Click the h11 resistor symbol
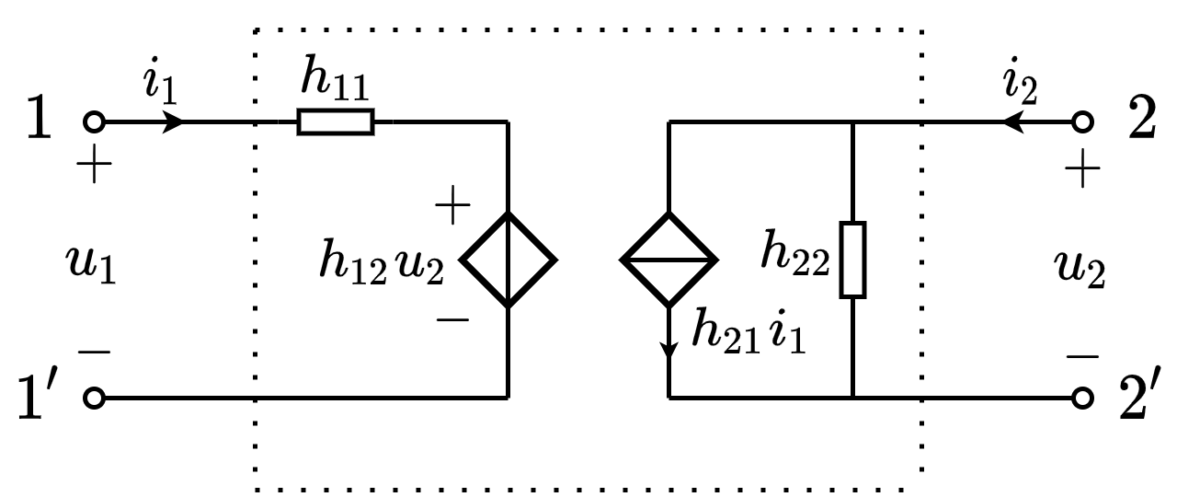[336, 121]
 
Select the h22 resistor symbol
[853, 260]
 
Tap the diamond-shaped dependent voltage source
[508, 260]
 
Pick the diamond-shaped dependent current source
[668, 260]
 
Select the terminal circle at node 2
[1083, 121]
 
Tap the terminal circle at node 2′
[1083, 398]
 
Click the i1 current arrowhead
[173, 121]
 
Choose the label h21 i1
[748, 333]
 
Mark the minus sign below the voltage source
[451, 319]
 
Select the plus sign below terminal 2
[1081, 169]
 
